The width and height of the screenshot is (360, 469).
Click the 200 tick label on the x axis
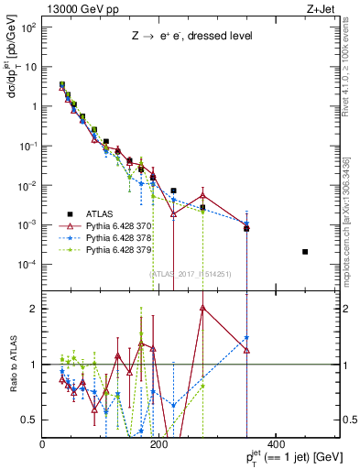(159, 444)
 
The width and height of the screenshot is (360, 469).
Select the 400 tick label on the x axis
(276, 444)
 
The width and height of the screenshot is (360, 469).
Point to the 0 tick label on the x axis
(43, 444)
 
